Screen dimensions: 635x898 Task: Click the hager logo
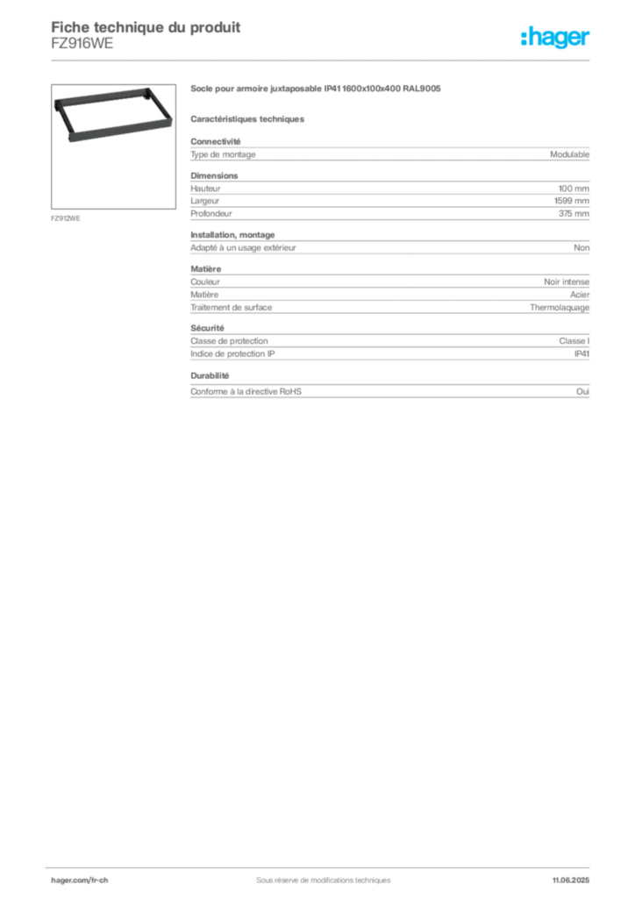pos(555,37)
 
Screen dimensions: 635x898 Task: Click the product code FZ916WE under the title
pos(82,44)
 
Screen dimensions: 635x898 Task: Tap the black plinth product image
pos(113,115)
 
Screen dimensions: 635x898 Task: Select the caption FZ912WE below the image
pos(65,218)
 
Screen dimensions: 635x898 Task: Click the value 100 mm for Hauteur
pos(574,189)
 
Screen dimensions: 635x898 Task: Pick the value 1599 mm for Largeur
pos(572,201)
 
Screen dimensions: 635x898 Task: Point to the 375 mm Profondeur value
pos(574,214)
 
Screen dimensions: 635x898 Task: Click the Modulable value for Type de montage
pos(569,154)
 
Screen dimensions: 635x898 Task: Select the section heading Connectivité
pos(215,141)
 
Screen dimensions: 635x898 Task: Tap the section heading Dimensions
pos(214,175)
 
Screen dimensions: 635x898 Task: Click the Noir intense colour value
pos(567,282)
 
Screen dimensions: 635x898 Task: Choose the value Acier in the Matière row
pos(580,295)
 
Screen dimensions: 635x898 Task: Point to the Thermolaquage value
pos(560,308)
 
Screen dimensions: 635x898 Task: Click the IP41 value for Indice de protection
pos(581,354)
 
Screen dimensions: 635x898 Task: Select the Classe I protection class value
pos(574,341)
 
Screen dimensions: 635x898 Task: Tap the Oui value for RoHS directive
pos(582,392)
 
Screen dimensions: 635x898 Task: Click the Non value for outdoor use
pos(581,248)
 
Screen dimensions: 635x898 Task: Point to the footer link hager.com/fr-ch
pos(79,880)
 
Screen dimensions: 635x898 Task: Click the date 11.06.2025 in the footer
pos(570,880)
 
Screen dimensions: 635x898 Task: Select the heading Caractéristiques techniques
pos(247,119)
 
